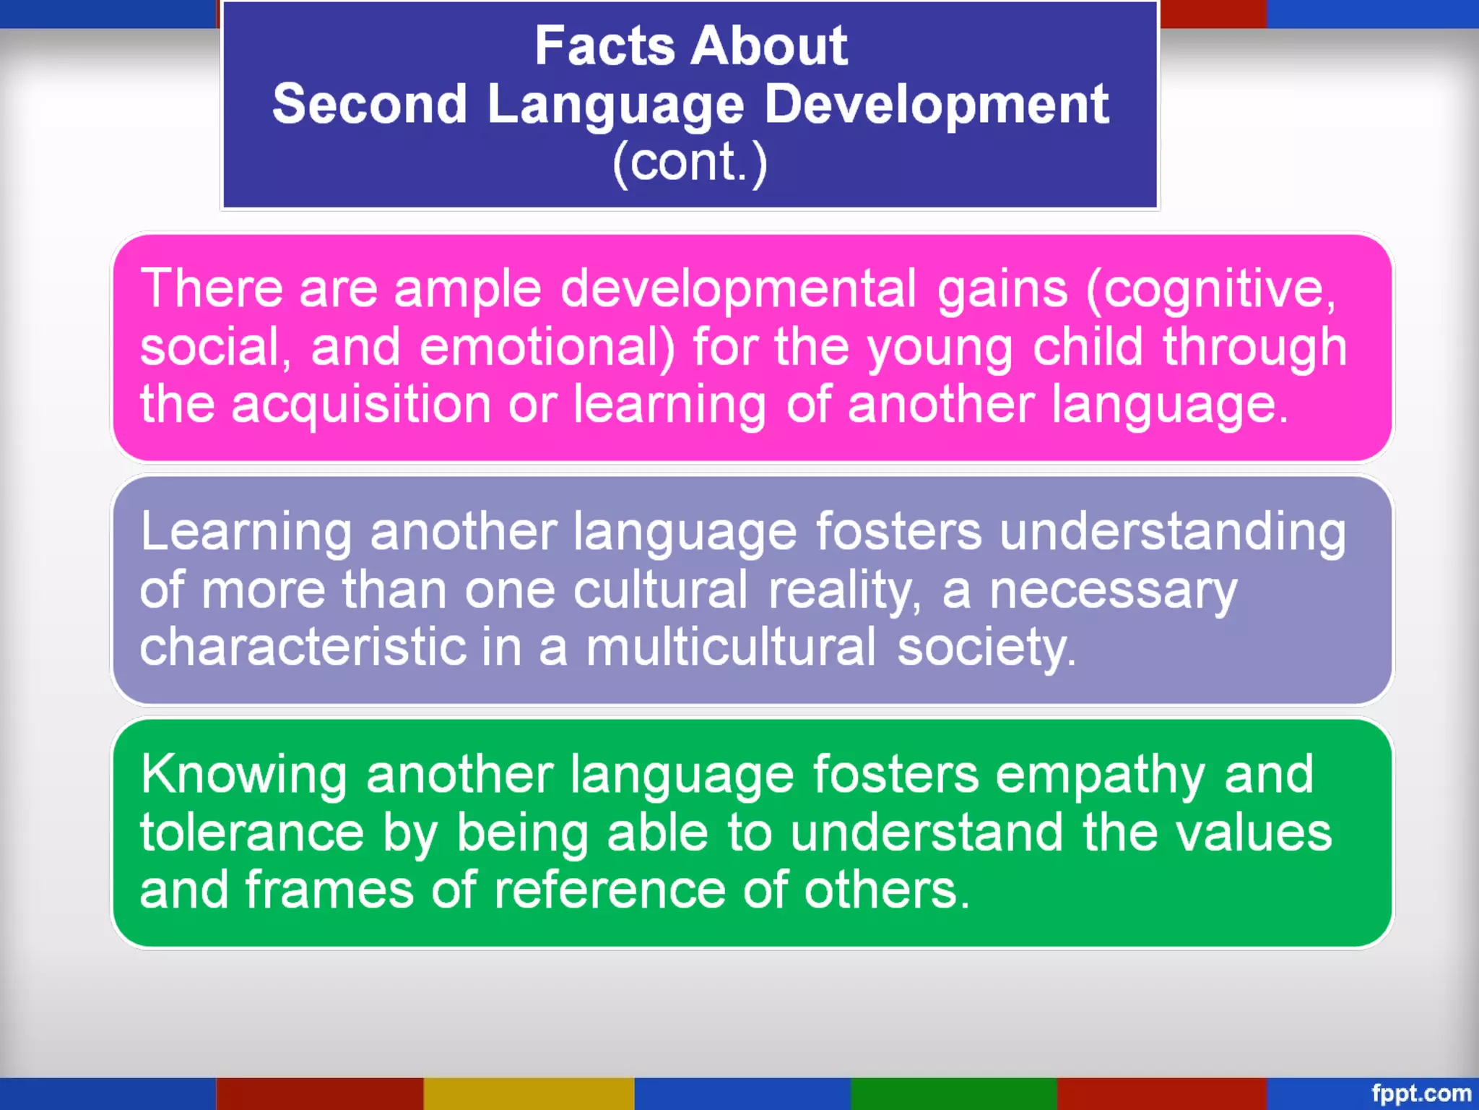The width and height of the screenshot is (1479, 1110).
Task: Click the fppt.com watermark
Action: (x=1421, y=1093)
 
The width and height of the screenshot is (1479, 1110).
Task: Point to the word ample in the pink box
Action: (x=467, y=289)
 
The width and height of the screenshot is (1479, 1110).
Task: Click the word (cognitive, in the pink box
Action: (x=1211, y=289)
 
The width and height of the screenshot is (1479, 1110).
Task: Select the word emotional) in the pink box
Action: (x=547, y=347)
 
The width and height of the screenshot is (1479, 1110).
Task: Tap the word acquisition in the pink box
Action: (x=361, y=405)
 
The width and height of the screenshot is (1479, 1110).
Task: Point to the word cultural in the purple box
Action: (x=660, y=590)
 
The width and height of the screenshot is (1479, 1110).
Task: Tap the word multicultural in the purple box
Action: (x=730, y=647)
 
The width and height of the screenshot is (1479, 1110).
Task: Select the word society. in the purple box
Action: (x=986, y=648)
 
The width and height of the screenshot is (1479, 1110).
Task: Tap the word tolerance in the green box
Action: (x=252, y=832)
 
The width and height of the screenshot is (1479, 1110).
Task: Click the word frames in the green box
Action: (x=329, y=890)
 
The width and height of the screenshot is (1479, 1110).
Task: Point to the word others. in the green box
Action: (x=887, y=890)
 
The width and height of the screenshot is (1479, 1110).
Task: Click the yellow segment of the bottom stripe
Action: (x=529, y=1093)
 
